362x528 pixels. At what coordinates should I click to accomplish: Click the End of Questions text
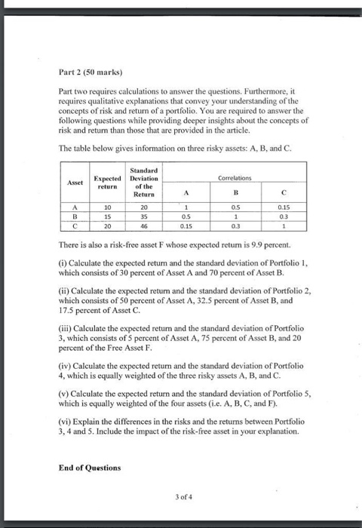point(89,467)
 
